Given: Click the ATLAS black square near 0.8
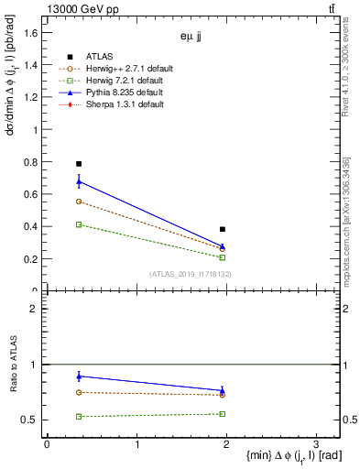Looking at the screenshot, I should [79, 164].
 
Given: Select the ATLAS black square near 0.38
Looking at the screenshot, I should [223, 229].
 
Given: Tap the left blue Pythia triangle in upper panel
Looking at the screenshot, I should [79, 181].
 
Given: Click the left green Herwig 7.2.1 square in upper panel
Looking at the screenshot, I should [79, 224].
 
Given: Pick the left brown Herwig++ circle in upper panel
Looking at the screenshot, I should [79, 202].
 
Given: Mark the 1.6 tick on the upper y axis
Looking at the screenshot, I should [33, 33].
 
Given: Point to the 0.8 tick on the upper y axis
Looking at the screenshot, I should [33, 162].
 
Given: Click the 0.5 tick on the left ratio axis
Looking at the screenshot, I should [33, 420].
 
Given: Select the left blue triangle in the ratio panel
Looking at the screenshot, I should [79, 376].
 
